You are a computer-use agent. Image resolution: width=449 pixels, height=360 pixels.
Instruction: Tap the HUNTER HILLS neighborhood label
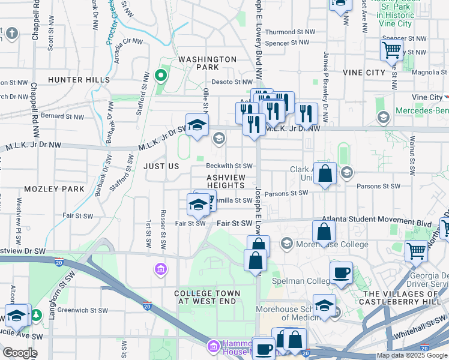(x=79, y=79)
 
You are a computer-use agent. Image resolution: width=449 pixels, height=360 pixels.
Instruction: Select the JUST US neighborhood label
(x=161, y=166)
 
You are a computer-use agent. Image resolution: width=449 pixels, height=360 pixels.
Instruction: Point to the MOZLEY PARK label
(x=60, y=188)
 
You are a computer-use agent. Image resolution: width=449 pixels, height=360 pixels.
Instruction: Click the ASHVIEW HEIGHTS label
(x=226, y=182)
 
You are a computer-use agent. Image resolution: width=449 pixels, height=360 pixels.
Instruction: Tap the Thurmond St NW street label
(x=290, y=32)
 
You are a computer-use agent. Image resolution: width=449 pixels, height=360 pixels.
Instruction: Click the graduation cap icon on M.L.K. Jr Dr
(x=196, y=125)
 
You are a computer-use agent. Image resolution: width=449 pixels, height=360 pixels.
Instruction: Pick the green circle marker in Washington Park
(x=160, y=76)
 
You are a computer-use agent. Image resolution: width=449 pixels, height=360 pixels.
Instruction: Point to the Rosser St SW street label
(x=163, y=221)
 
